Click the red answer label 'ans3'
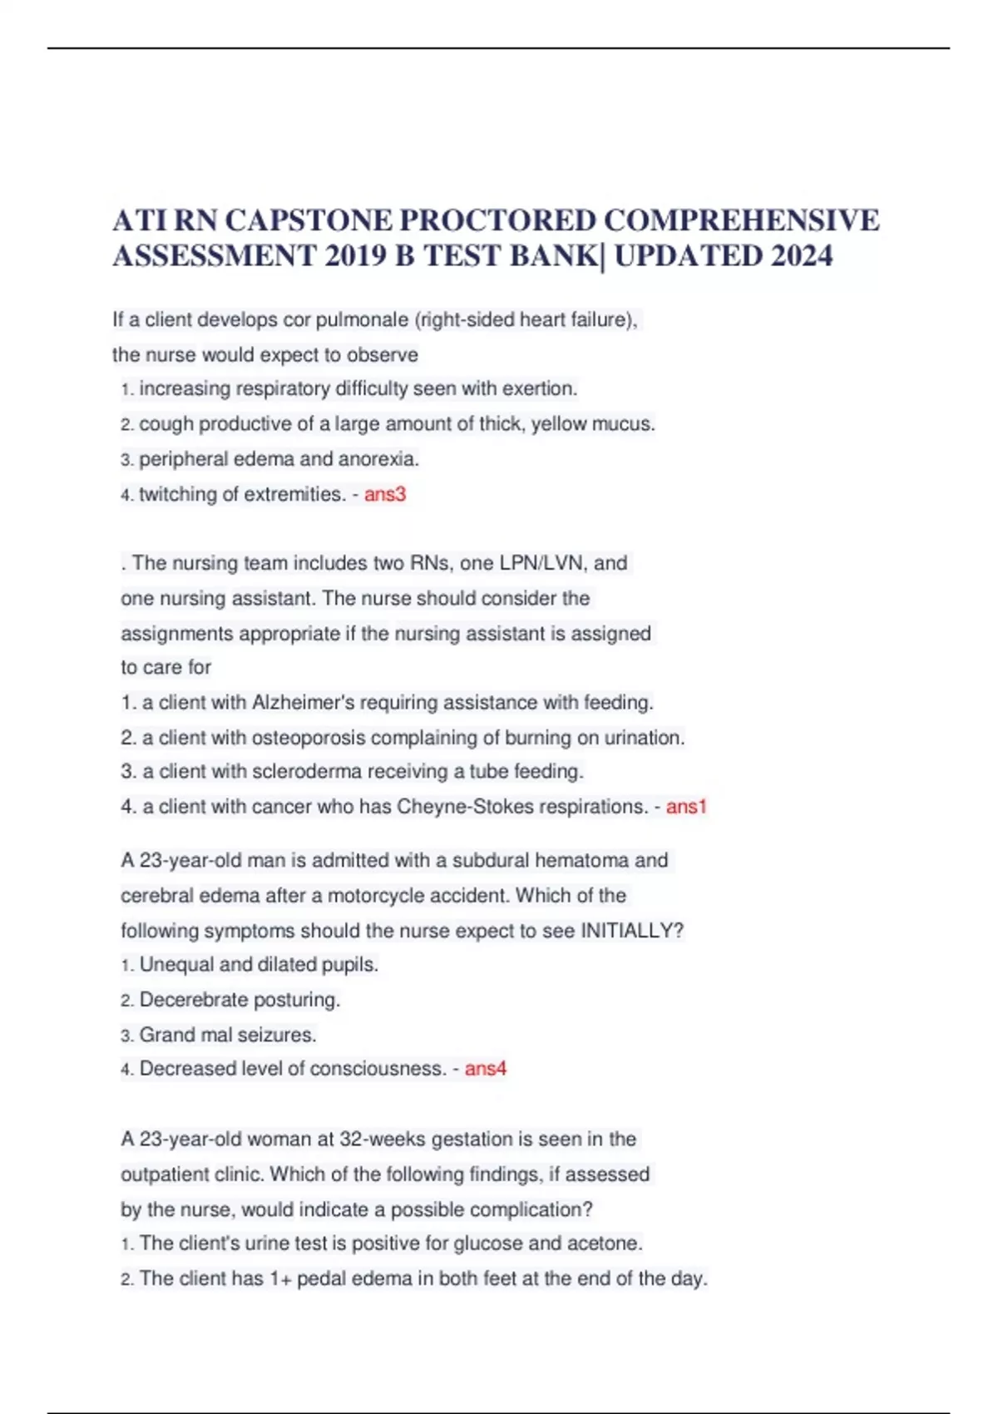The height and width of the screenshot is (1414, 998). pos(384,494)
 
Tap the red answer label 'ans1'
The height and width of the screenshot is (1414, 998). pos(686,806)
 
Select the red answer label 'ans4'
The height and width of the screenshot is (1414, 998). pos(485,1068)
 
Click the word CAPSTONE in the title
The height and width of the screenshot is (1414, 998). pos(309,220)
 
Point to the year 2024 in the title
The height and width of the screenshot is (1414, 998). pos(801,255)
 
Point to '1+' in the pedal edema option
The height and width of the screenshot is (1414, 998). pos(280,1278)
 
